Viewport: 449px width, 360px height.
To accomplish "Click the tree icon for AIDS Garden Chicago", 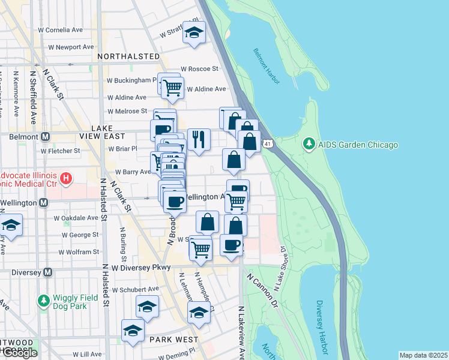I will point(309,144).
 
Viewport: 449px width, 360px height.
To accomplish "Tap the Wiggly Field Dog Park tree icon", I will point(43,300).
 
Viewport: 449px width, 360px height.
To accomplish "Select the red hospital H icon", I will point(67,178).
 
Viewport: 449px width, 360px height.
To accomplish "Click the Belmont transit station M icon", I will point(44,137).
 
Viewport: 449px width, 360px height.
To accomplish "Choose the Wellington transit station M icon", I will point(43,203).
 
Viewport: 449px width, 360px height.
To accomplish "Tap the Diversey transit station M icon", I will point(49,272).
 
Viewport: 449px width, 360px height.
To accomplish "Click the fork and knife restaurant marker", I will point(199,139).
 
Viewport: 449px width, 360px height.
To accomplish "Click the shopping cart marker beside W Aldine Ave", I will point(173,88).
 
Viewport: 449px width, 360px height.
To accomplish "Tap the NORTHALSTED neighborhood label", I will point(128,56).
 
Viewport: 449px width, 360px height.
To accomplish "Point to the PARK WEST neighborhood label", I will point(174,340).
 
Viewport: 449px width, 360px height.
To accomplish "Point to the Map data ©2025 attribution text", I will point(423,355).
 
